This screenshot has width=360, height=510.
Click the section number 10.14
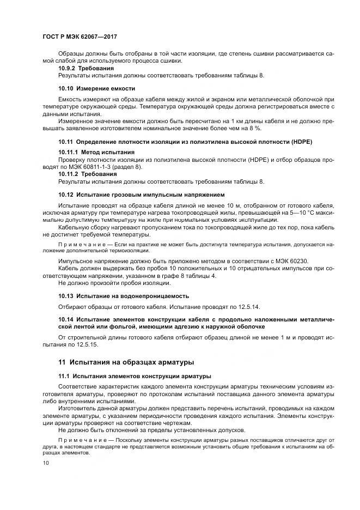[x=66, y=319]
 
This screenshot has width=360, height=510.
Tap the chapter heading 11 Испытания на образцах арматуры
[x=126, y=362]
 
